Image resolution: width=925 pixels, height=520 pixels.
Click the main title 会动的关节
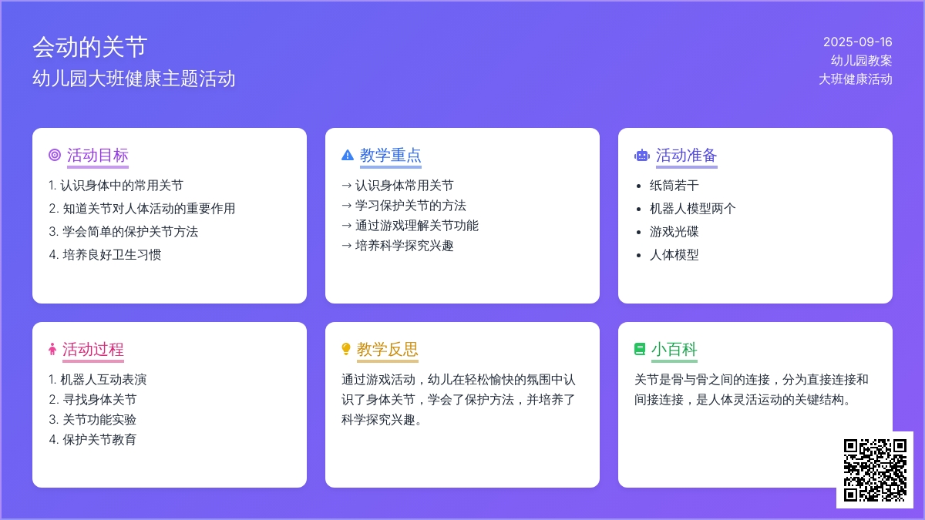coord(89,47)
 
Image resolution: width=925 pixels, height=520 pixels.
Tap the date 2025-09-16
coord(858,42)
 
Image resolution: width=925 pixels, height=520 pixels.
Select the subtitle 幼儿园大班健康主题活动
coord(134,79)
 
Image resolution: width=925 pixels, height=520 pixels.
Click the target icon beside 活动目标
coord(55,155)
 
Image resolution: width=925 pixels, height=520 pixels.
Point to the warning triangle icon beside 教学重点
coord(348,155)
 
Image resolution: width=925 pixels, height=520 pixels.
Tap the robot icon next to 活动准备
coord(641,155)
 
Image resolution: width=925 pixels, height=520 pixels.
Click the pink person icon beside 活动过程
coord(52,349)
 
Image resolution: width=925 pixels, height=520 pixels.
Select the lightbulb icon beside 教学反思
coord(346,349)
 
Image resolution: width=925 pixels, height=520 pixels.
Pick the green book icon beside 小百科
coord(640,349)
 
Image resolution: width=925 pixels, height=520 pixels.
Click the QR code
coord(875,470)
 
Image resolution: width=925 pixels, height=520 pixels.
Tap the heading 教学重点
coord(390,155)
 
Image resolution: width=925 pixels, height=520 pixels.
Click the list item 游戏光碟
coord(674,232)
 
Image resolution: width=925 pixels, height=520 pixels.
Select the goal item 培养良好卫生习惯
coord(112,255)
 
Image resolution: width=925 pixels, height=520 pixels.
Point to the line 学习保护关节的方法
coord(410,206)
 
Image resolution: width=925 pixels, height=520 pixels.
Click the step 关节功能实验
coord(99,419)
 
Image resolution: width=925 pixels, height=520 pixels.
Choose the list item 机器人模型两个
coord(692,209)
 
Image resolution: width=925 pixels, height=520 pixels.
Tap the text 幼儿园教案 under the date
coord(862,61)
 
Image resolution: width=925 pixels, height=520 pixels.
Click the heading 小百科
coord(674,350)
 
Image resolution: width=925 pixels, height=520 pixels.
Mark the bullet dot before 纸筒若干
coord(639,186)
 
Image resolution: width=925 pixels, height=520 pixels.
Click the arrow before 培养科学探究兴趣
coord(346,246)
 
